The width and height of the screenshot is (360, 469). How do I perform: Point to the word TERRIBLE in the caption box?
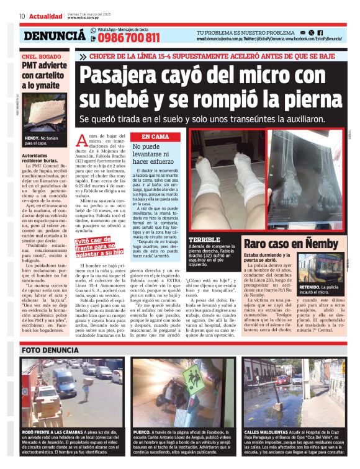coord(204,239)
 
